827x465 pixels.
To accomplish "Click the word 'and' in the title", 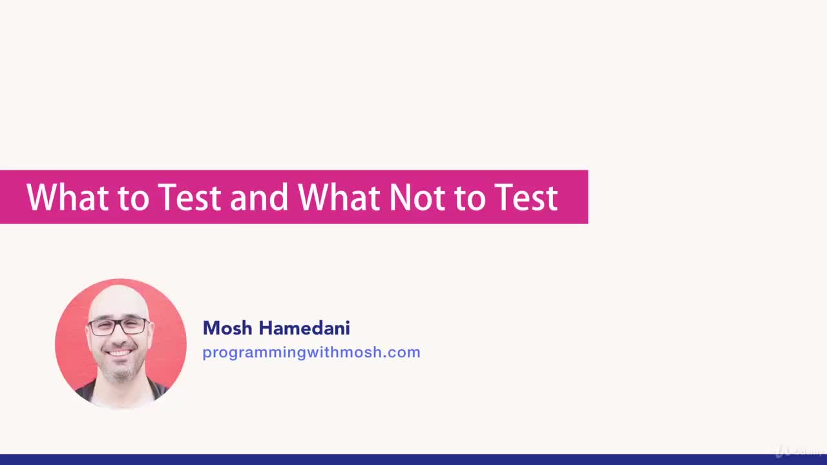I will point(259,198).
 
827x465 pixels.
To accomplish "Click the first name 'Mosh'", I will point(227,328).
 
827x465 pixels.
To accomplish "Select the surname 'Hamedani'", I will point(304,328).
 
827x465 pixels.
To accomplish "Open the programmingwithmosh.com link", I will point(311,352).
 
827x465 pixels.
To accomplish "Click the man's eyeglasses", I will point(119,326).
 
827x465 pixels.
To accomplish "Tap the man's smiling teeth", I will point(120,353).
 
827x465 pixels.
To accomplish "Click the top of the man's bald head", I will point(120,291).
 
